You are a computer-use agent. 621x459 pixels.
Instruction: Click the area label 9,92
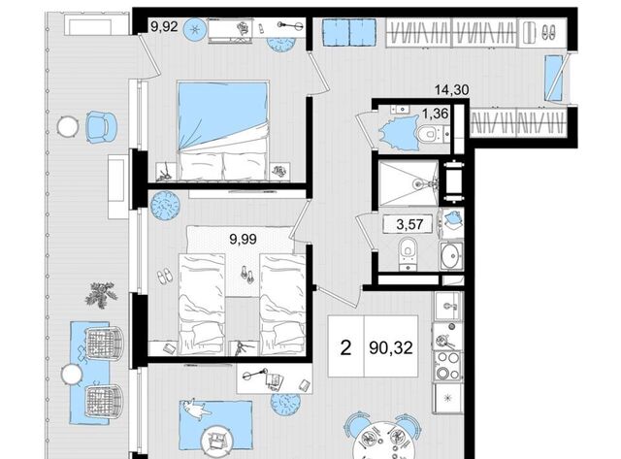tap(164, 26)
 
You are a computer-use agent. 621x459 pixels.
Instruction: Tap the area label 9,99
tap(244, 239)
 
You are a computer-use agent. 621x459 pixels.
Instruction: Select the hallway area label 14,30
tap(452, 90)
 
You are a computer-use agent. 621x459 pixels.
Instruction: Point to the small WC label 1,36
tap(436, 115)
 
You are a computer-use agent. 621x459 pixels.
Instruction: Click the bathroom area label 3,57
tap(409, 224)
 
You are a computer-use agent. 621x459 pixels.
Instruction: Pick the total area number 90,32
tap(391, 347)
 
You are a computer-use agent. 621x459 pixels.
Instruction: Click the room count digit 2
tap(345, 347)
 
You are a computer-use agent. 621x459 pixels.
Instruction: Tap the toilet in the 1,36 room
tap(429, 133)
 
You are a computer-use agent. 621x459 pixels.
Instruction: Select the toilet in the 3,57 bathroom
tap(408, 253)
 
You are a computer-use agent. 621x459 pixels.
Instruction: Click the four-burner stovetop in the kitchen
tap(447, 366)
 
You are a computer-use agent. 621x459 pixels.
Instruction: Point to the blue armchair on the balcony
tap(101, 126)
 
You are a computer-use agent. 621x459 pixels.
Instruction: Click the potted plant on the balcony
tap(101, 295)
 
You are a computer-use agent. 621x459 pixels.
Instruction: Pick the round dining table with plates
tap(383, 440)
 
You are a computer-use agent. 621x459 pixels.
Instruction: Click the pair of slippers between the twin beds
tap(246, 275)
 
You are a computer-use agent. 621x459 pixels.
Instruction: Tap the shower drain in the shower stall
tap(417, 183)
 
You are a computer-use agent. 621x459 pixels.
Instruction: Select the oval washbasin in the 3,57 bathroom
tap(452, 255)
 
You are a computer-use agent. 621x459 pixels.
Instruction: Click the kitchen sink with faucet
tap(447, 306)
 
